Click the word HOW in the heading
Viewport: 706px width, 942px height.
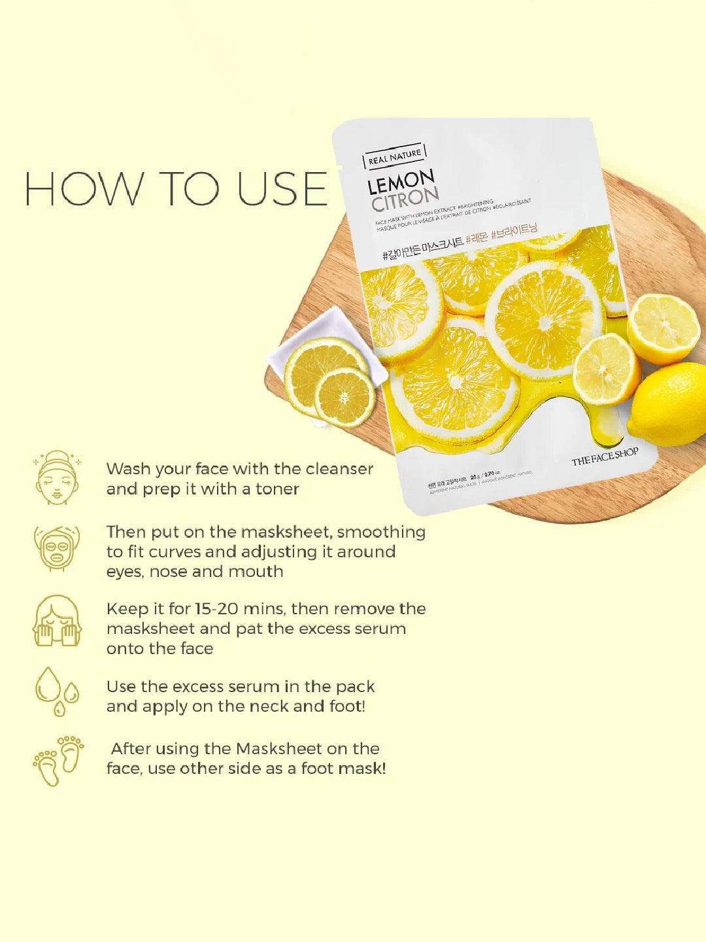[84, 189]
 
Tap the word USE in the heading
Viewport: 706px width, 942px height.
[282, 189]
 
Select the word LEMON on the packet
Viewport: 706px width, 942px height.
[401, 183]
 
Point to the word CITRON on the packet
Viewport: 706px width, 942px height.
[405, 199]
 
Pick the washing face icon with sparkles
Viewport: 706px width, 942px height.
[57, 478]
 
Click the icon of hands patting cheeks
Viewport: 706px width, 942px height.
[57, 621]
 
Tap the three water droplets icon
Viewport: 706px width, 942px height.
[57, 691]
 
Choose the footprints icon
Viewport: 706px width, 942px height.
[58, 761]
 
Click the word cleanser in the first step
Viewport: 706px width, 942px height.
[339, 469]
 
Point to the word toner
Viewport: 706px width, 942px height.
[277, 489]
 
